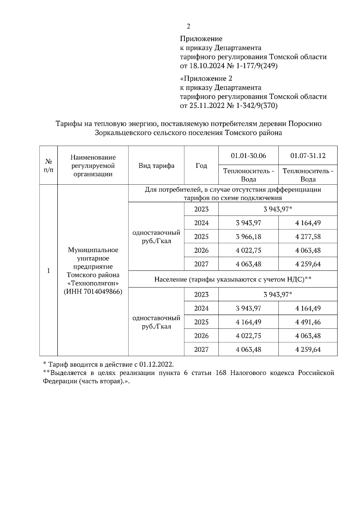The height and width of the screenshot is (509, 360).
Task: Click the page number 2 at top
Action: pyautogui.click(x=188, y=27)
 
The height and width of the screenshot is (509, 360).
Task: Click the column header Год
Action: pyautogui.click(x=201, y=166)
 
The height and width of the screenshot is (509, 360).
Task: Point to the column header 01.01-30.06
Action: pyautogui.click(x=248, y=156)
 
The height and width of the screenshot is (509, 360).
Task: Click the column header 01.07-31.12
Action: pyautogui.click(x=308, y=156)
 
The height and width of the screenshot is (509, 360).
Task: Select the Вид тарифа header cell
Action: pyautogui.click(x=156, y=166)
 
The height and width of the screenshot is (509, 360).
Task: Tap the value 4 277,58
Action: pyautogui.click(x=308, y=237)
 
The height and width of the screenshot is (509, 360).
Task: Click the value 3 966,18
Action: pyautogui.click(x=248, y=237)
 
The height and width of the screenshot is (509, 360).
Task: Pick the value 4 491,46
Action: pyautogui.click(x=308, y=322)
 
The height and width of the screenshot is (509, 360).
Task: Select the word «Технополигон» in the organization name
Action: pyautogui.click(x=93, y=283)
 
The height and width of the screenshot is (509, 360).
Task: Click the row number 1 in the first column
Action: pyautogui.click(x=48, y=271)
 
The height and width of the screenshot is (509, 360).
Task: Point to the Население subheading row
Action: pyautogui.click(x=233, y=279)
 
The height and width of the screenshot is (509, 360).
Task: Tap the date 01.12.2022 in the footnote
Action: pyautogui.click(x=156, y=365)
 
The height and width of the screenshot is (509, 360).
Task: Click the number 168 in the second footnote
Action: pyautogui.click(x=221, y=373)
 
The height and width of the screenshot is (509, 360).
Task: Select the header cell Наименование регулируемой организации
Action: pyautogui.click(x=93, y=166)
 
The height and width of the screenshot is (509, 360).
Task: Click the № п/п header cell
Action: pyautogui.click(x=49, y=166)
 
